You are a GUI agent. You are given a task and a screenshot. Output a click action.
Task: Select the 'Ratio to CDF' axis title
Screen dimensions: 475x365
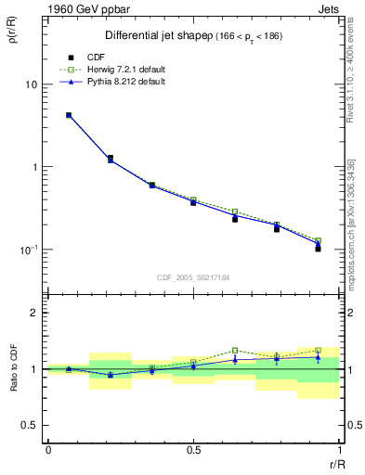[12, 368]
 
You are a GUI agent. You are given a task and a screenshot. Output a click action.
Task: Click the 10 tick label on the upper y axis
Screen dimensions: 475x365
[30, 84]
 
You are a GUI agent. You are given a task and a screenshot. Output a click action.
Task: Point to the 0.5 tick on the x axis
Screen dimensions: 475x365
[193, 450]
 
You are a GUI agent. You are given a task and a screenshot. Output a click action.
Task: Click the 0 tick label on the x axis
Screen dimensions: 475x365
[47, 450]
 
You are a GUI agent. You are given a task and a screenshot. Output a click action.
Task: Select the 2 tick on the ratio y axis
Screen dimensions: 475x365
[33, 313]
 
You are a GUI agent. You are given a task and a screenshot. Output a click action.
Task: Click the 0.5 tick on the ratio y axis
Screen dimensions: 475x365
[29, 426]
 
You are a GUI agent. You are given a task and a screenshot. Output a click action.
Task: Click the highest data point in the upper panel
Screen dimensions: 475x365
[69, 115]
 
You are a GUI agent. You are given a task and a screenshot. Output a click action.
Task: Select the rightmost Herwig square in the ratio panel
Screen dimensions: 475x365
[318, 351]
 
